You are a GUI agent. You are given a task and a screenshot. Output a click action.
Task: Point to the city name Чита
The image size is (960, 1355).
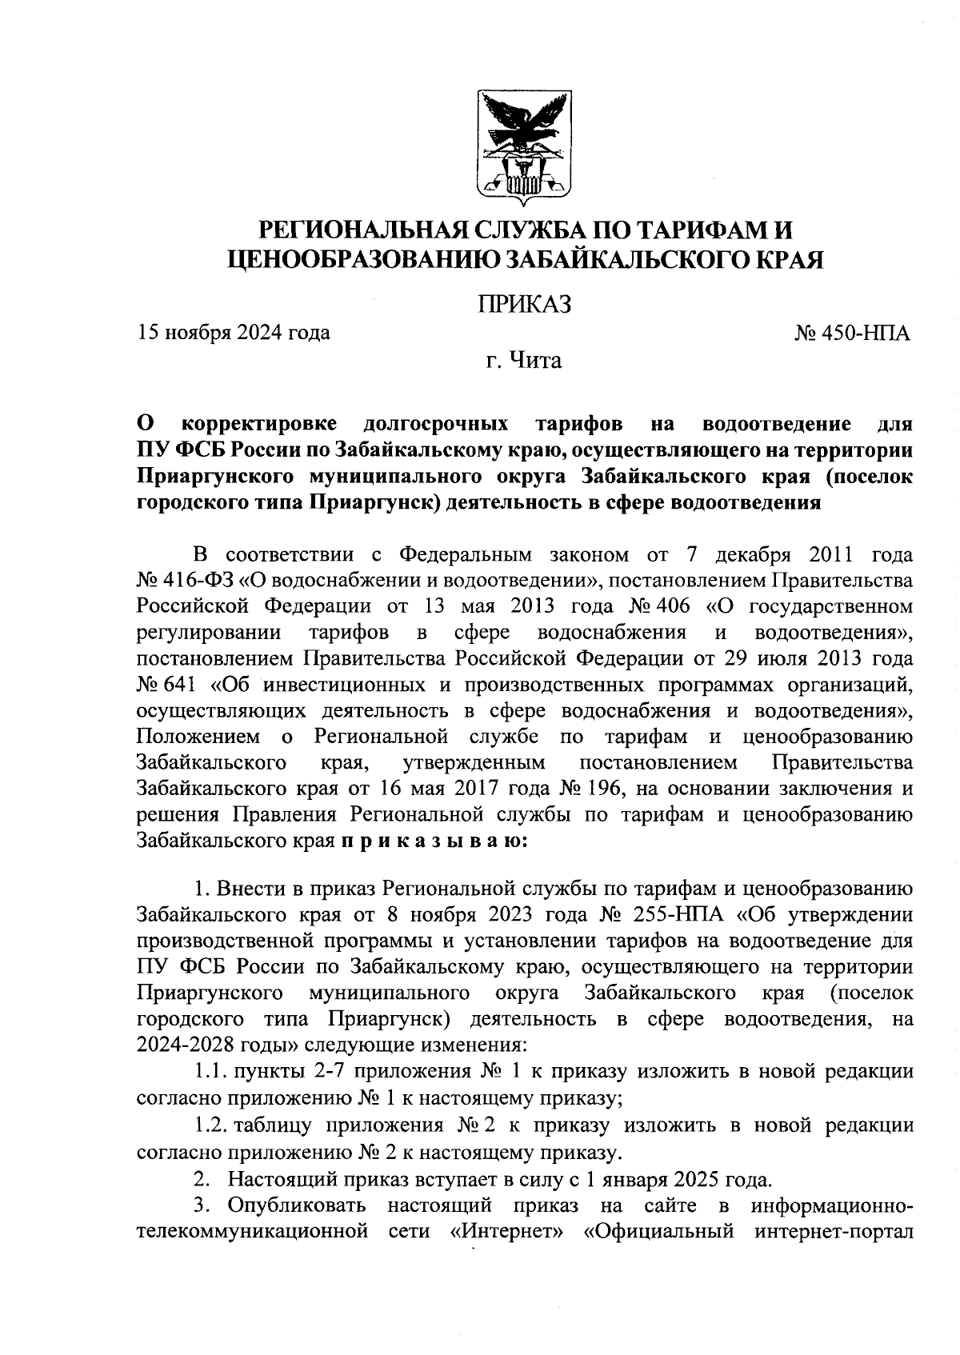[538, 361]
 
